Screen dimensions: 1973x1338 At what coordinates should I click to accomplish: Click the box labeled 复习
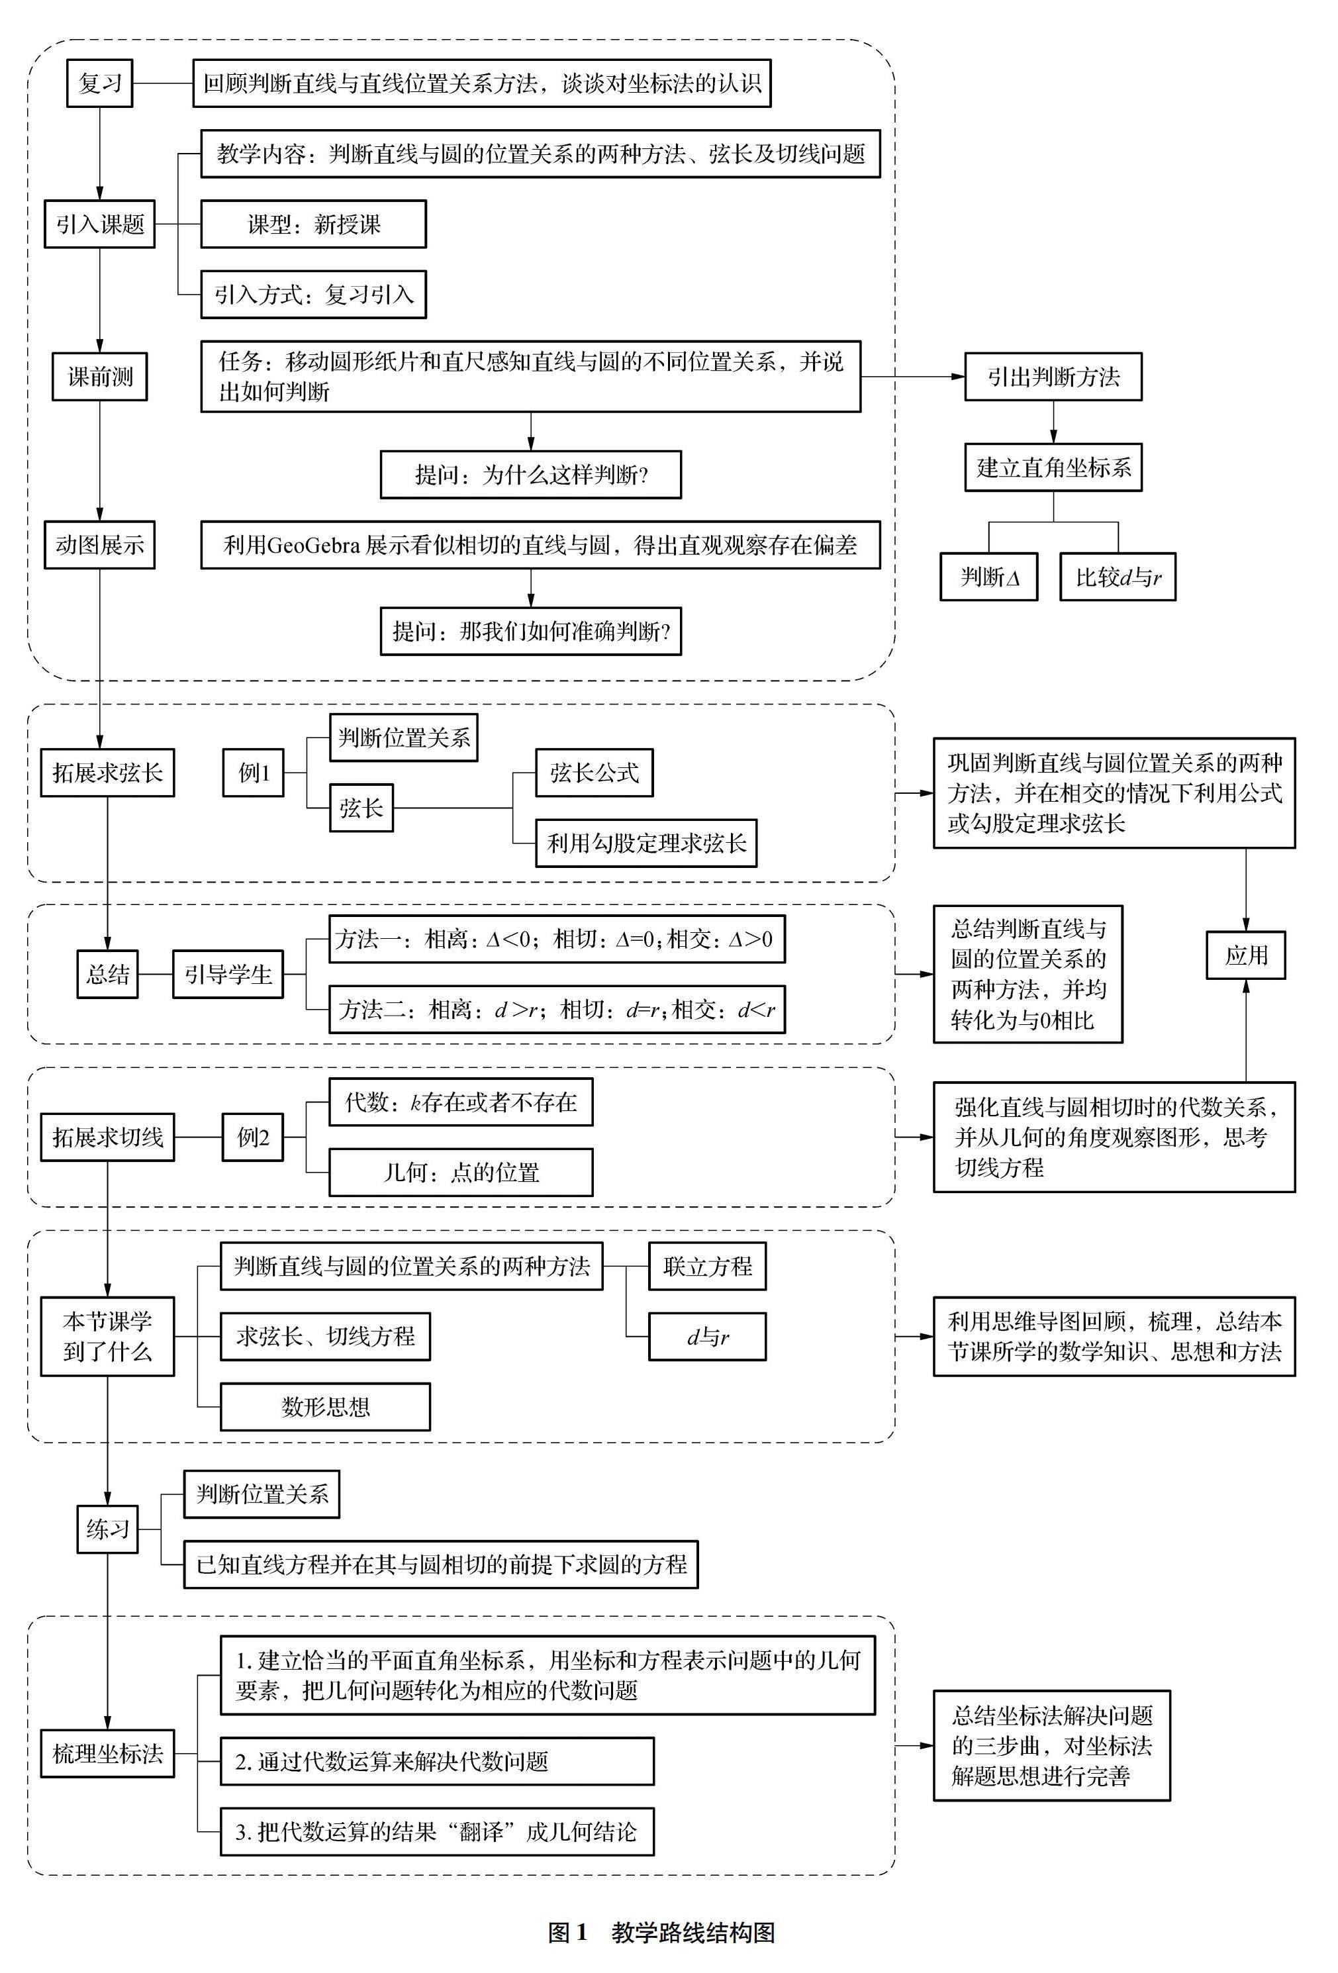(x=99, y=83)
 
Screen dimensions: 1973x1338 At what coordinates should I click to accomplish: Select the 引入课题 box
(x=99, y=224)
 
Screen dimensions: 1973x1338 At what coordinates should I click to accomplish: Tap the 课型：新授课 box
(x=313, y=224)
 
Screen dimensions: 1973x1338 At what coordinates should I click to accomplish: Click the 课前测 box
(x=99, y=376)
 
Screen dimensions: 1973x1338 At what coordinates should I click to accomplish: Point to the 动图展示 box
(x=99, y=544)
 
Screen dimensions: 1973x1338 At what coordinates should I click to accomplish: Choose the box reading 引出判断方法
(x=1053, y=376)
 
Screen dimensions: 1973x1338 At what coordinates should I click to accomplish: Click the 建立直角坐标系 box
(x=1053, y=467)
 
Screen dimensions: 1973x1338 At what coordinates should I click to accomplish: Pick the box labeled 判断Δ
(x=988, y=577)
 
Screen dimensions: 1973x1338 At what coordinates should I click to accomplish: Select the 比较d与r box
(x=1118, y=577)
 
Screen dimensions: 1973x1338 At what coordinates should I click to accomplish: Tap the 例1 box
(x=253, y=773)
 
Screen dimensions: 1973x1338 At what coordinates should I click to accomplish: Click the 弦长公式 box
(x=593, y=773)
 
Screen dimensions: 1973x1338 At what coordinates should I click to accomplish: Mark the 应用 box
(x=1245, y=955)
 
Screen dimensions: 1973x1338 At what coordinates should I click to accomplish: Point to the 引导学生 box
(x=228, y=974)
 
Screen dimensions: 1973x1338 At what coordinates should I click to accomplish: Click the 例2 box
(x=253, y=1137)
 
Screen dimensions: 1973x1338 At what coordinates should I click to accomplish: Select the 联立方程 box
(x=707, y=1266)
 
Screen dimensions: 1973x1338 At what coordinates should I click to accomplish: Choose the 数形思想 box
(x=325, y=1407)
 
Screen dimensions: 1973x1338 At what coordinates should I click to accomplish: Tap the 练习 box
(x=107, y=1529)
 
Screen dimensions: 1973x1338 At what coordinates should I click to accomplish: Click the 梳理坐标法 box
(x=107, y=1753)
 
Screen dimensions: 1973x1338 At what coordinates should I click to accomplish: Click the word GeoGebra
(x=313, y=545)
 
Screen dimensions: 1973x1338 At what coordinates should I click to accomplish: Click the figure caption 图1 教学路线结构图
(x=661, y=1933)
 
